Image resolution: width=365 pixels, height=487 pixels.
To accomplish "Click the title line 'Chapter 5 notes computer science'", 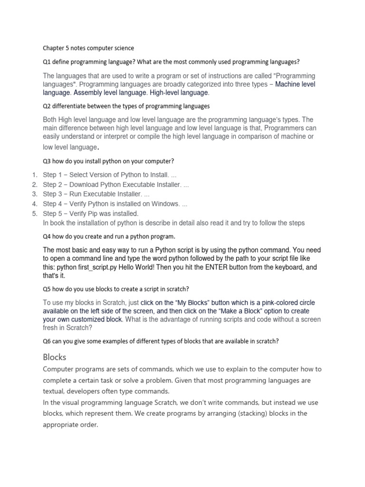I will click(88, 48).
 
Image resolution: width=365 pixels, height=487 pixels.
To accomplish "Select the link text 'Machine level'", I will click(295, 84).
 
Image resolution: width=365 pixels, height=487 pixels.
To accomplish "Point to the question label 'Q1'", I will click(47, 62).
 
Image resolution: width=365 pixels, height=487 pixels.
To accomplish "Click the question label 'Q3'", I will click(47, 161).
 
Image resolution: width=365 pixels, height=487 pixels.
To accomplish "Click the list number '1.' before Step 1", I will click(35, 175).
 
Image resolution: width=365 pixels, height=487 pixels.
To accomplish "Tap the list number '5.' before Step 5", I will click(35, 214).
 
